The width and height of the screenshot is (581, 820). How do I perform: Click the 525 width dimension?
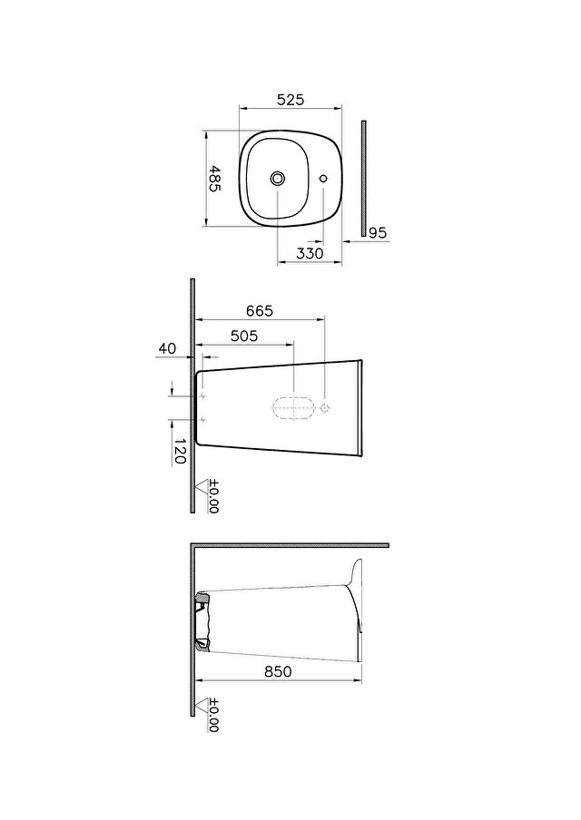[290, 100]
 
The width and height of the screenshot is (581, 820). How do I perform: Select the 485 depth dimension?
[214, 179]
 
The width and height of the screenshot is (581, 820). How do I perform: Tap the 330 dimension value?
[310, 253]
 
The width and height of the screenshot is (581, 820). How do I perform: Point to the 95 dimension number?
[378, 233]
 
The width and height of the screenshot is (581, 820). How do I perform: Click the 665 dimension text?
[261, 310]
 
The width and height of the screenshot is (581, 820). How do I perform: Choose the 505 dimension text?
[244, 336]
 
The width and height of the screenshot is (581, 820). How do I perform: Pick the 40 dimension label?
[168, 348]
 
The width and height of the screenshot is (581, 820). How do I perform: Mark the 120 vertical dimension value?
[180, 452]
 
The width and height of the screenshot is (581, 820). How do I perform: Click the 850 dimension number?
[278, 671]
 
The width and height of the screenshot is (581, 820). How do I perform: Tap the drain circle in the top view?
[278, 179]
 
